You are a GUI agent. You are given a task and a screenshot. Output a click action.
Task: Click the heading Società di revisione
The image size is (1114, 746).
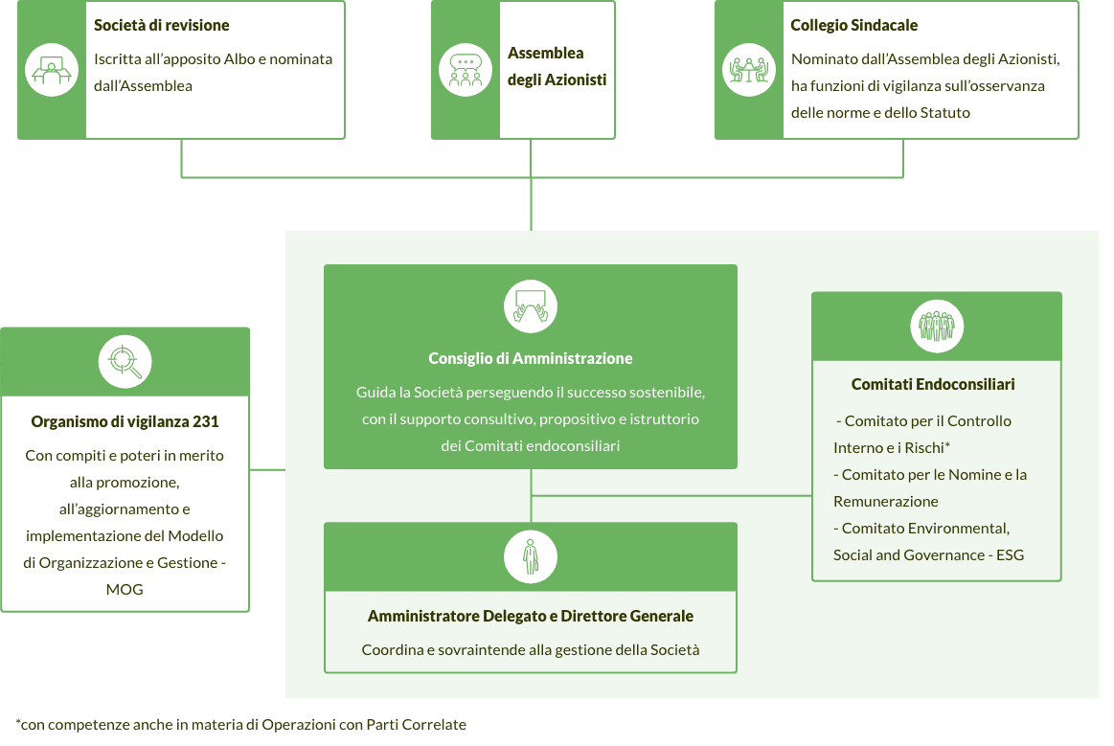162,25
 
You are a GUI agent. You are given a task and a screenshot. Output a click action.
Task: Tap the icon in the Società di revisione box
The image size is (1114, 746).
51,70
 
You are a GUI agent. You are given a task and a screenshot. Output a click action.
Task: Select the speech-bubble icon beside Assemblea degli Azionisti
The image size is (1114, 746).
465,70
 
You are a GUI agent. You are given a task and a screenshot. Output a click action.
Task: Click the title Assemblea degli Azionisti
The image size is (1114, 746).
557,67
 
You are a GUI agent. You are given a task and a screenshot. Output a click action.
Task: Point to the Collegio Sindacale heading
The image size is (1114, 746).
853,25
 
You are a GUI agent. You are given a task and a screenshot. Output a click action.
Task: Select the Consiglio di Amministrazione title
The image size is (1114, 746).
531,358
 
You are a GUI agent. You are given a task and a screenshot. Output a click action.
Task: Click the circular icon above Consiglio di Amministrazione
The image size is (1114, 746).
531,306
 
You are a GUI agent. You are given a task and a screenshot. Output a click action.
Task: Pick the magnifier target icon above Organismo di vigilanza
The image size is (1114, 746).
125,361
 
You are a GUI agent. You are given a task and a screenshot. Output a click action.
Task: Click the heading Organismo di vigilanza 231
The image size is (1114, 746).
125,421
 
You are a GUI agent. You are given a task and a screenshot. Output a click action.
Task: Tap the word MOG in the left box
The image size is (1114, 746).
125,590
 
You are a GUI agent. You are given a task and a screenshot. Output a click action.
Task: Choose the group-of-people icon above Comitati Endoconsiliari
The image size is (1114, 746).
936,327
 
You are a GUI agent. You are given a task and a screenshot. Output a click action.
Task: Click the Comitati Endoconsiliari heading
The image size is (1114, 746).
933,384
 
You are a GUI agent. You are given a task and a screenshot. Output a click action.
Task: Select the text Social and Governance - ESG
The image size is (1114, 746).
928,555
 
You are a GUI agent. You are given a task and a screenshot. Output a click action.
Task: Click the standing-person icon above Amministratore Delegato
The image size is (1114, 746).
531,556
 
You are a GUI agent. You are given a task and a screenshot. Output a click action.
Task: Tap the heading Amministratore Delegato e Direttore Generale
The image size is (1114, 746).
531,617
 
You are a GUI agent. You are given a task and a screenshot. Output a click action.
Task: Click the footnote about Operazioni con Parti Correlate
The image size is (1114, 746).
241,724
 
